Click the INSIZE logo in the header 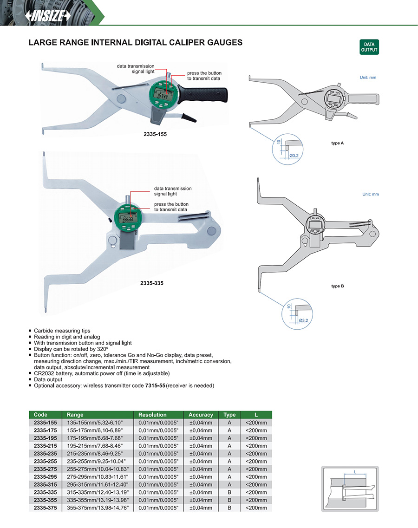coord(48,15)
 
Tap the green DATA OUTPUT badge coord(369,47)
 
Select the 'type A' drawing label coord(338,143)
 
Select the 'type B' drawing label coord(338,286)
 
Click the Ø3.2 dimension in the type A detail coord(294,155)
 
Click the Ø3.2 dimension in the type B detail coord(303,320)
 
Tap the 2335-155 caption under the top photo coord(155,134)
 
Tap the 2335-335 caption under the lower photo coord(152,283)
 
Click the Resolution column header coord(152,415)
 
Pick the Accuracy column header coord(201,415)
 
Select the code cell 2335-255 coord(45,461)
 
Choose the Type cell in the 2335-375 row coord(229,508)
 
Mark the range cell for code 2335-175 coord(94,430)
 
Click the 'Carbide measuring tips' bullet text coord(62,331)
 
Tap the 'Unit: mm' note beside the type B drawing coord(370,194)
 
